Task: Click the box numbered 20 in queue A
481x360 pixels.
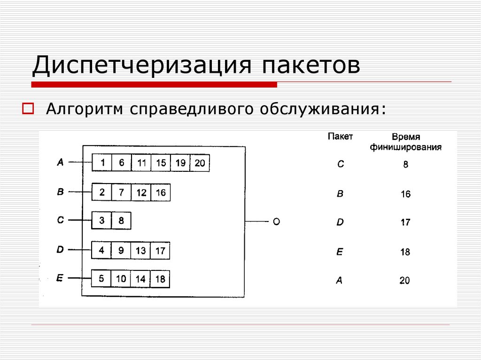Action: (x=200, y=163)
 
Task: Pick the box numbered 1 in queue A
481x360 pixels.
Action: (x=102, y=163)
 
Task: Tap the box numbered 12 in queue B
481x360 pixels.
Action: (x=141, y=192)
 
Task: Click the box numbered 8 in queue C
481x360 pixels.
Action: (x=121, y=221)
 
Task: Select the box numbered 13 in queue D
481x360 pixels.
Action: (x=140, y=251)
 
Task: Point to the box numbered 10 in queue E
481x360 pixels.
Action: (x=121, y=279)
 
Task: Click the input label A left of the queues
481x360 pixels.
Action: (x=60, y=162)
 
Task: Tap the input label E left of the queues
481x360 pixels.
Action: (x=60, y=278)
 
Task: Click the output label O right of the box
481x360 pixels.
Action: (x=276, y=222)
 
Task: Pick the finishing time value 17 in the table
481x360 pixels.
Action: (x=405, y=222)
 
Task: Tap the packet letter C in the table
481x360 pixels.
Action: (x=341, y=164)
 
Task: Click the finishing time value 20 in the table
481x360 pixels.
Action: (x=404, y=281)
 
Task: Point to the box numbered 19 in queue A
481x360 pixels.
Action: (x=180, y=163)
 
